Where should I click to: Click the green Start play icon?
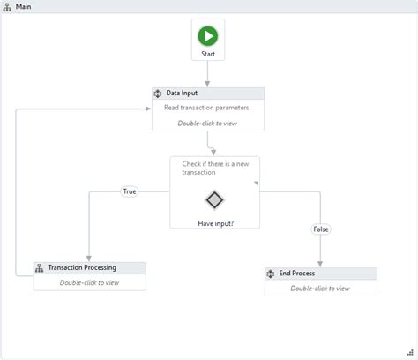[208, 36]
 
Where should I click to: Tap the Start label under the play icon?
[208, 54]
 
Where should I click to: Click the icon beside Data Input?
[158, 94]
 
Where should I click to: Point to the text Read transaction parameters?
[206, 108]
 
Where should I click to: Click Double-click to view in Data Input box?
[207, 124]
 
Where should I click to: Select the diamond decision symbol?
[215, 199]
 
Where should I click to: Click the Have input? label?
[215, 223]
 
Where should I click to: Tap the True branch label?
[130, 191]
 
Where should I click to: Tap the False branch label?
[321, 229]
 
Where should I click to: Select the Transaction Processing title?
[82, 268]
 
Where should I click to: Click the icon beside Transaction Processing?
[40, 268]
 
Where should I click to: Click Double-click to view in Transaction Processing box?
[90, 283]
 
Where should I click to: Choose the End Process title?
[297, 274]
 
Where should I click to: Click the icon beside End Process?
[271, 274]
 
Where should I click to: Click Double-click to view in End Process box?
[320, 289]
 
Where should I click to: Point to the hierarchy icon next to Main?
[8, 6]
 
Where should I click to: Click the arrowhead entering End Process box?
[320, 264]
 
